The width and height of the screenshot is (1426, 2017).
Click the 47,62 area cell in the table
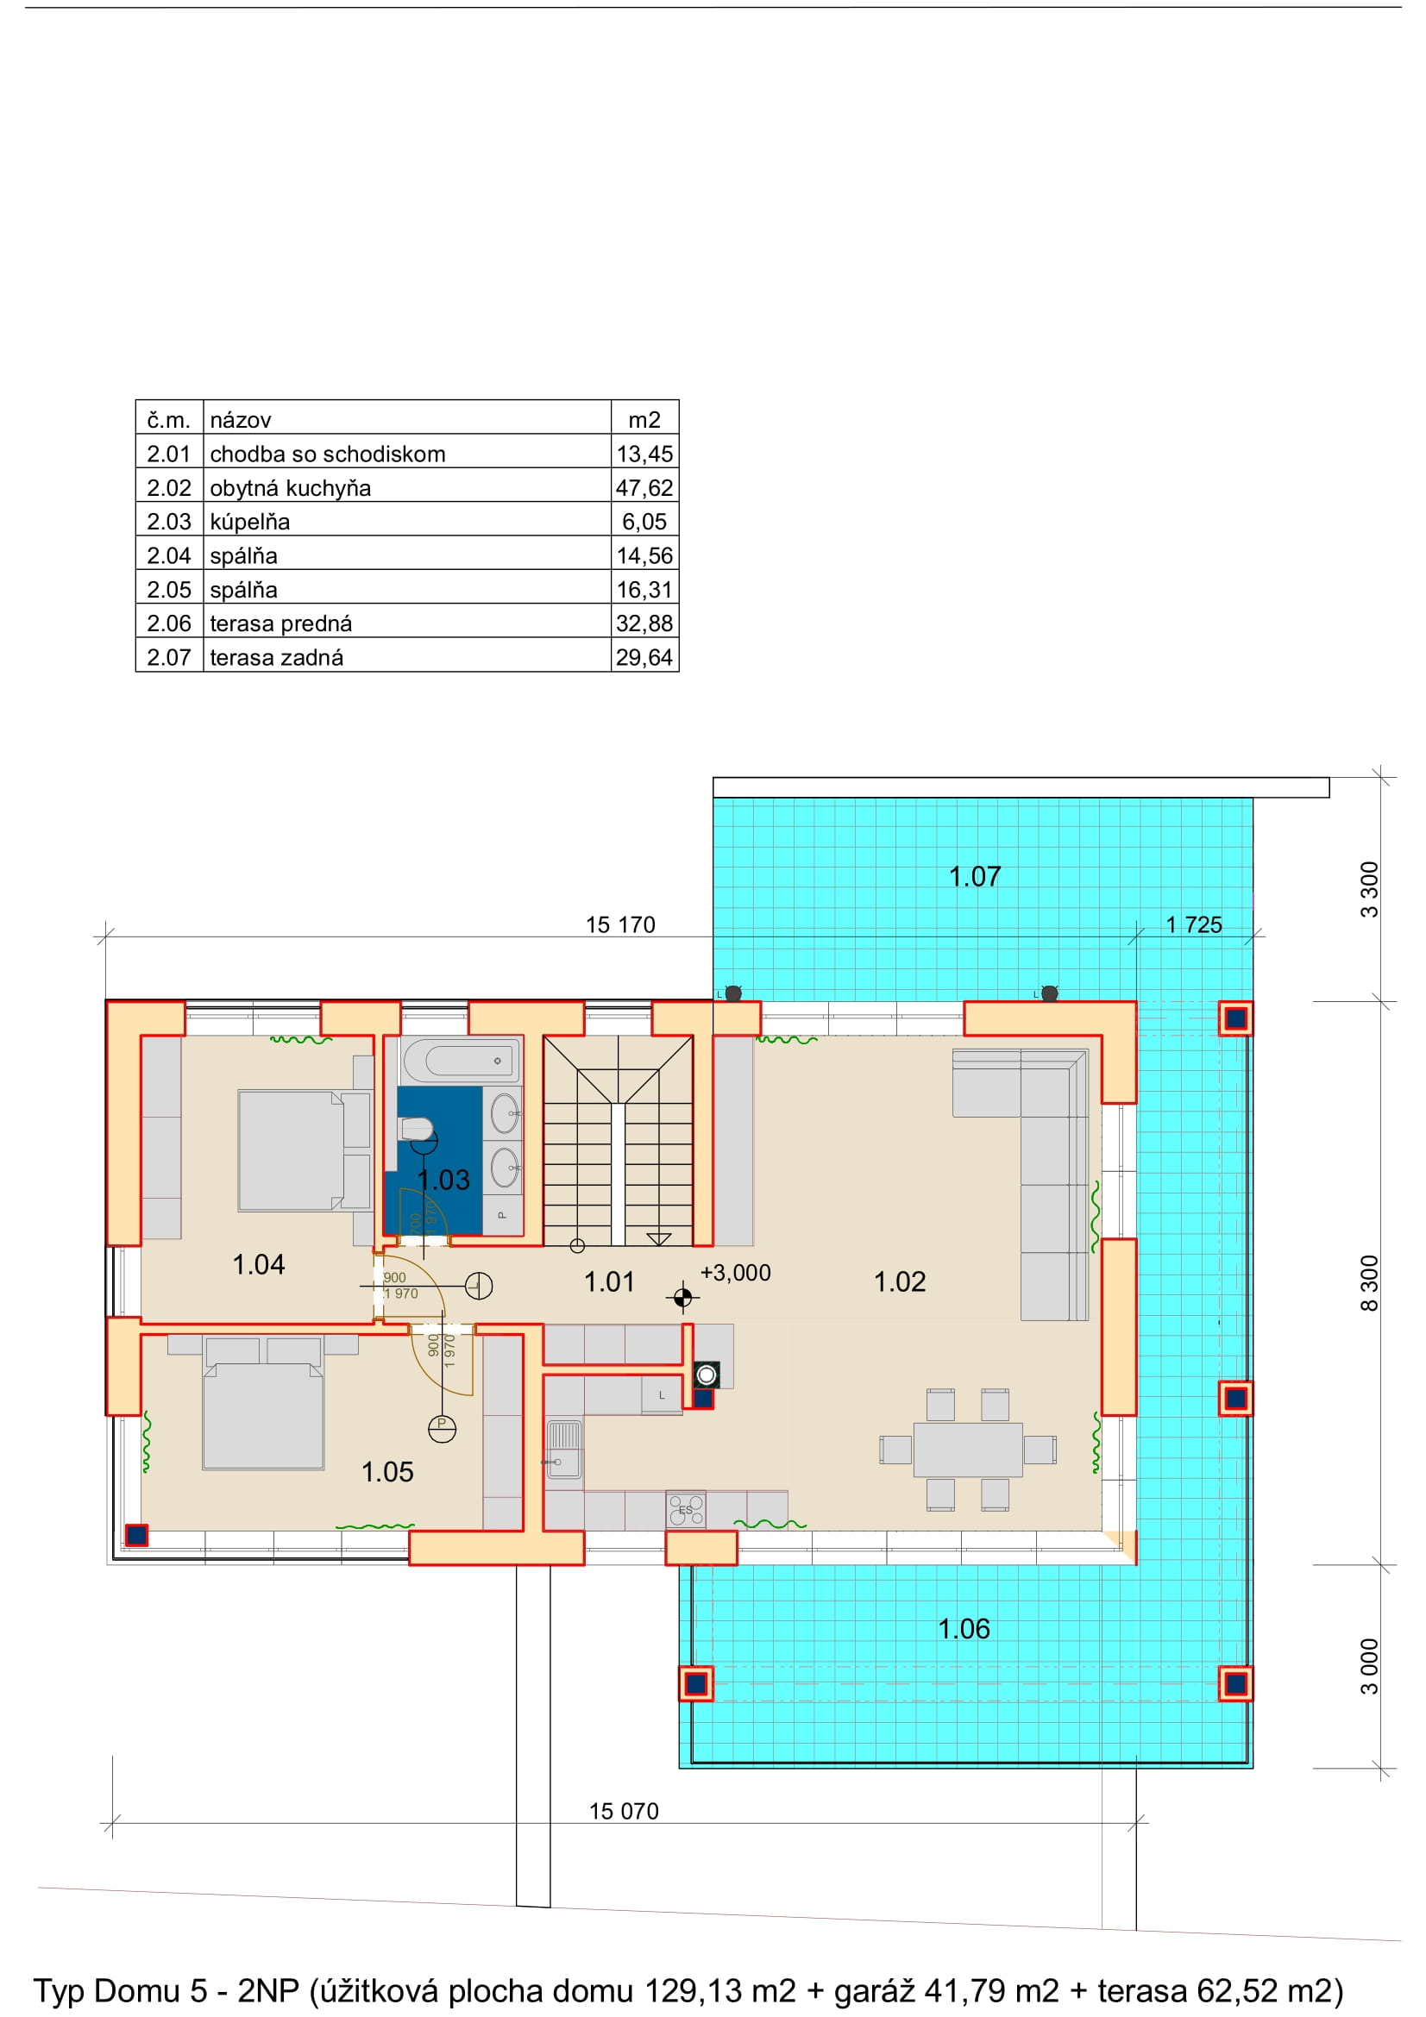tap(644, 487)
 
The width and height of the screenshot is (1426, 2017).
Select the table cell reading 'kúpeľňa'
tap(249, 522)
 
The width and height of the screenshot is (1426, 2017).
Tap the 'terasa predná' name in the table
tap(280, 623)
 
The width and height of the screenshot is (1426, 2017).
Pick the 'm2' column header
tap(644, 420)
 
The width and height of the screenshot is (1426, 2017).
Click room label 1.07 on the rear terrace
tap(974, 876)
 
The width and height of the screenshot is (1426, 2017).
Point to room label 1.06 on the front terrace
tap(964, 1629)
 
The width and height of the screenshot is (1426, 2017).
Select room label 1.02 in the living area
tap(900, 1281)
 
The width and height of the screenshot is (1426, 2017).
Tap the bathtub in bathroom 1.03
tap(461, 1061)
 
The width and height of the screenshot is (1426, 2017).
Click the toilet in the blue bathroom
tap(417, 1128)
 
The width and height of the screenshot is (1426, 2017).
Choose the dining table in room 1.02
tap(967, 1450)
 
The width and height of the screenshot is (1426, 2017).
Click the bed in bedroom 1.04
tap(304, 1151)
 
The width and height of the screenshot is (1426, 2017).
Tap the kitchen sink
tap(563, 1450)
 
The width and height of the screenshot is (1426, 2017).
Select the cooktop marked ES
tap(685, 1510)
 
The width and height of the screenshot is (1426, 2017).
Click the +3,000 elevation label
tap(735, 1273)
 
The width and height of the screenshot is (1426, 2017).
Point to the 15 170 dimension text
tap(620, 925)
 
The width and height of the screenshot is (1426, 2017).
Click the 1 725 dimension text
tap(1194, 925)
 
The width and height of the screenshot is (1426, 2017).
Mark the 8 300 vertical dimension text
tap(1370, 1283)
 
